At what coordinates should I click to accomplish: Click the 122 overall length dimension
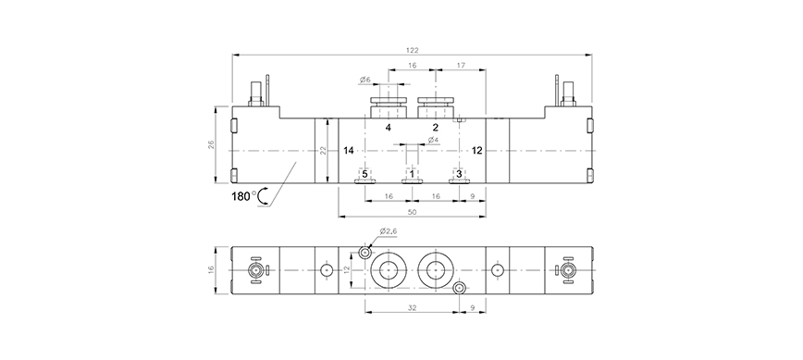pos(413,50)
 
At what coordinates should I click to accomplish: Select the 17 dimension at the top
pos(461,65)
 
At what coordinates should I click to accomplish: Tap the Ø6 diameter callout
pos(364,80)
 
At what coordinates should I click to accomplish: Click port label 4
pos(389,128)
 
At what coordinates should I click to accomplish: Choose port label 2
pos(436,128)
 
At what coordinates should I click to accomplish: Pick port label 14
pos(349,151)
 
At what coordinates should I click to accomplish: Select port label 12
pos(476,151)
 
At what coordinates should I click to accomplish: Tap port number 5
pos(364,174)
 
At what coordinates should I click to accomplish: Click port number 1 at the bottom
pos(412,174)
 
